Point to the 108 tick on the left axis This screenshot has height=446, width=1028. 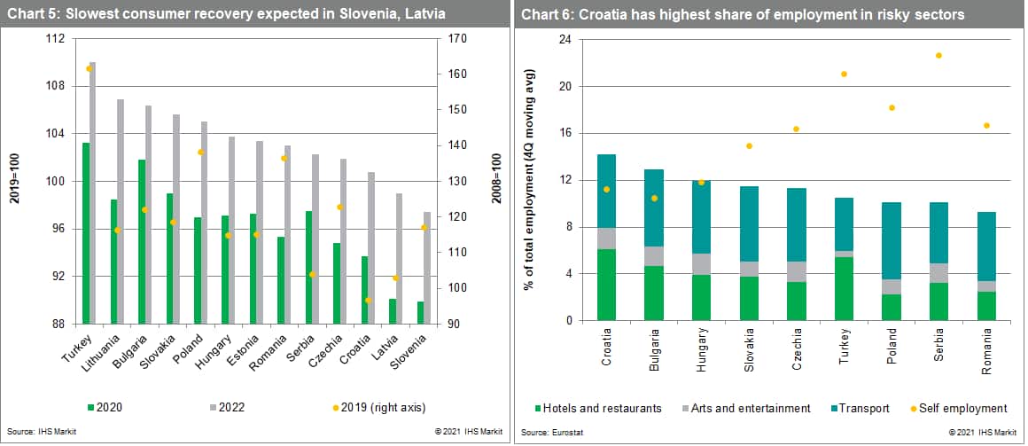coord(56,86)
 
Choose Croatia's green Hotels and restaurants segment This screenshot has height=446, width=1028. coord(606,284)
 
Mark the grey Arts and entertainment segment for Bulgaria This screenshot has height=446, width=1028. coord(653,256)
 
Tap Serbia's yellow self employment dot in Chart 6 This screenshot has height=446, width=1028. coord(938,56)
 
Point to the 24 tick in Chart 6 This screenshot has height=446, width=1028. coord(563,39)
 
